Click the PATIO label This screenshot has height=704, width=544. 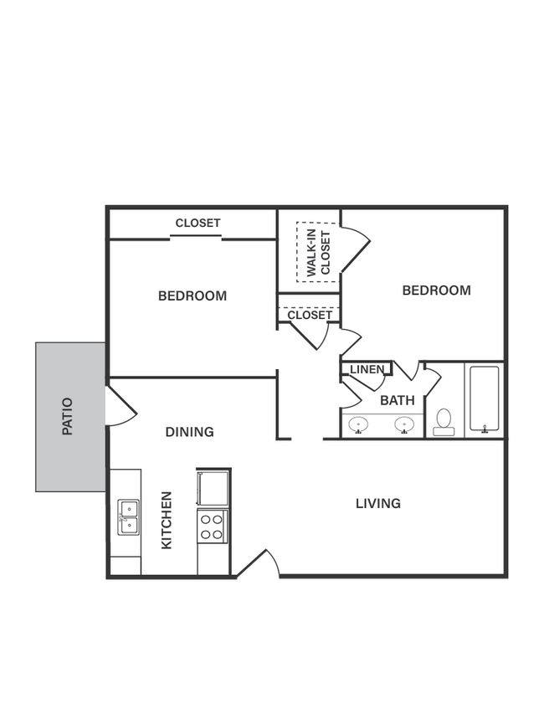[68, 417]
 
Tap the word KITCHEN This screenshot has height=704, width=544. [167, 520]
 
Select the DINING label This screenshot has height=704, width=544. [189, 432]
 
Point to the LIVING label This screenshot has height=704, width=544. [378, 503]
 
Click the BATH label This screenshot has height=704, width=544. [398, 401]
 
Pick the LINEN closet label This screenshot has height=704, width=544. [367, 369]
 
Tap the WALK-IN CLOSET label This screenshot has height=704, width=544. [318, 253]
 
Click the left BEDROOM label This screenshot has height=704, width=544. [192, 295]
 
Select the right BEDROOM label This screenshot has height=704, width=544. [436, 290]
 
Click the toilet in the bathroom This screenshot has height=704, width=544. [444, 420]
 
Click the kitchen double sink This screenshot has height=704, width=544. [128, 516]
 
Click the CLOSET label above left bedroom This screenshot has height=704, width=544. [198, 223]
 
